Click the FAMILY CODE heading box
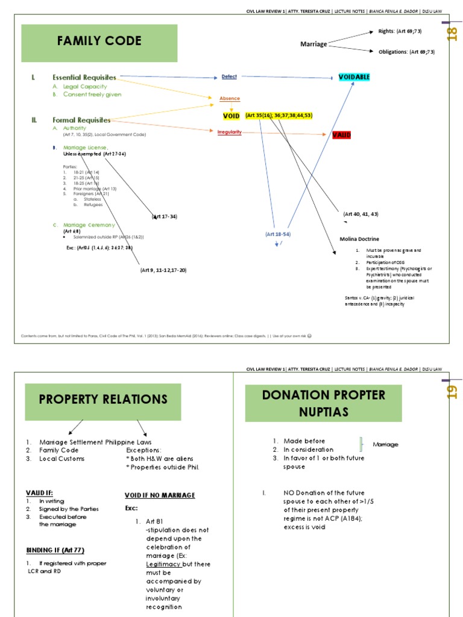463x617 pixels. [99, 42]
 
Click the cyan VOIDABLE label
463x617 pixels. [354, 77]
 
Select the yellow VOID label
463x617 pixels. [231, 115]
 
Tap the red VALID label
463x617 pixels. [342, 135]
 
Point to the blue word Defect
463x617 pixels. [229, 77]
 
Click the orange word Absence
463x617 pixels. [230, 98]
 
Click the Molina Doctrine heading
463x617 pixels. [359, 239]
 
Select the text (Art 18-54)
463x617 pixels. [278, 234]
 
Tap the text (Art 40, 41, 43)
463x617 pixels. [361, 214]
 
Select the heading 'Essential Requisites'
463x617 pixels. [84, 78]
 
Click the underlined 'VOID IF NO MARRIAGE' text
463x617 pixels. [160, 495]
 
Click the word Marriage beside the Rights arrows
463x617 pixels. [313, 44]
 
